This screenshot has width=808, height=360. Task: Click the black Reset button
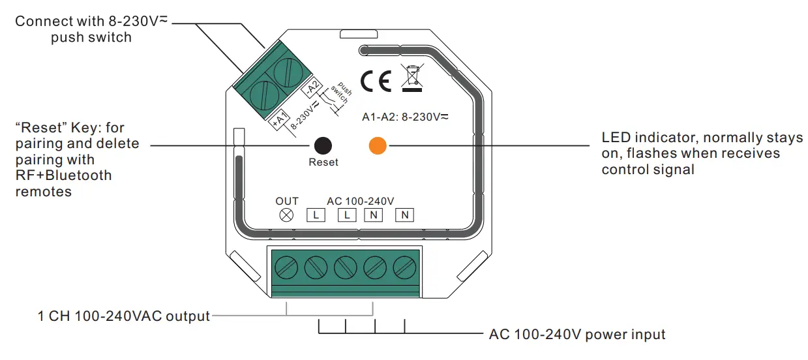tap(323, 145)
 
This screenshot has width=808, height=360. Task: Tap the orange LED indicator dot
tap(378, 145)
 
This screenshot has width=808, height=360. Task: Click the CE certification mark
tap(376, 81)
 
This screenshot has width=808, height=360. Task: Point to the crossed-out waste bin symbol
tap(412, 78)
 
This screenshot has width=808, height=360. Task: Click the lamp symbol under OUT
tap(286, 215)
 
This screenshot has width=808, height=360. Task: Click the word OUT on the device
tap(287, 201)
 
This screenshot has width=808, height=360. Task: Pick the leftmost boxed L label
tap(316, 215)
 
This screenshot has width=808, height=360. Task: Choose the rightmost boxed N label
tap(404, 215)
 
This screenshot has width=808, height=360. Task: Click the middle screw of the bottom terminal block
tap(345, 267)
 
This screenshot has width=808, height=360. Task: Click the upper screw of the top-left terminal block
tap(286, 71)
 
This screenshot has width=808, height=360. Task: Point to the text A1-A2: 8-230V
tap(405, 117)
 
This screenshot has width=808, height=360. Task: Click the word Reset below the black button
tap(323, 162)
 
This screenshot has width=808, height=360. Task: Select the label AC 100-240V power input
tap(577, 335)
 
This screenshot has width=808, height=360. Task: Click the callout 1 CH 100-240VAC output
tap(124, 316)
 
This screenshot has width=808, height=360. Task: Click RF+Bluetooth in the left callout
tap(64, 175)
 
